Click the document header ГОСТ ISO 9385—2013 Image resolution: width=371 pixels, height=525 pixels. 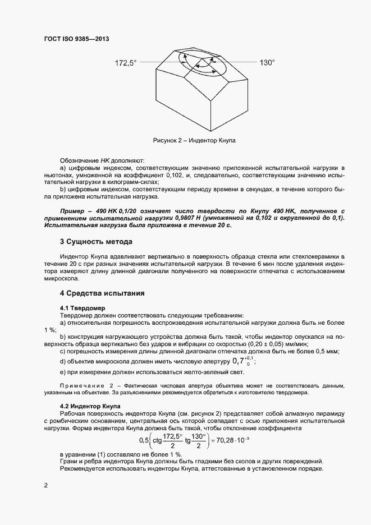(76, 39)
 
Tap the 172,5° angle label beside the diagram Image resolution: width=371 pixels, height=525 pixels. (126, 63)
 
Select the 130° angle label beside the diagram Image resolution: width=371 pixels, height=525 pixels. (267, 63)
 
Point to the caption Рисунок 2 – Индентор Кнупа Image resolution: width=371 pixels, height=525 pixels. (194, 140)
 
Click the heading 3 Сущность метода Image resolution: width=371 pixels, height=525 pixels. (96, 242)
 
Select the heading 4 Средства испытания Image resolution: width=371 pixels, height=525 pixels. (103, 293)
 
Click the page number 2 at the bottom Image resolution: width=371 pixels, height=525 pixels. (45, 485)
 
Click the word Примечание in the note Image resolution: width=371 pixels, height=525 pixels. (82, 386)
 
